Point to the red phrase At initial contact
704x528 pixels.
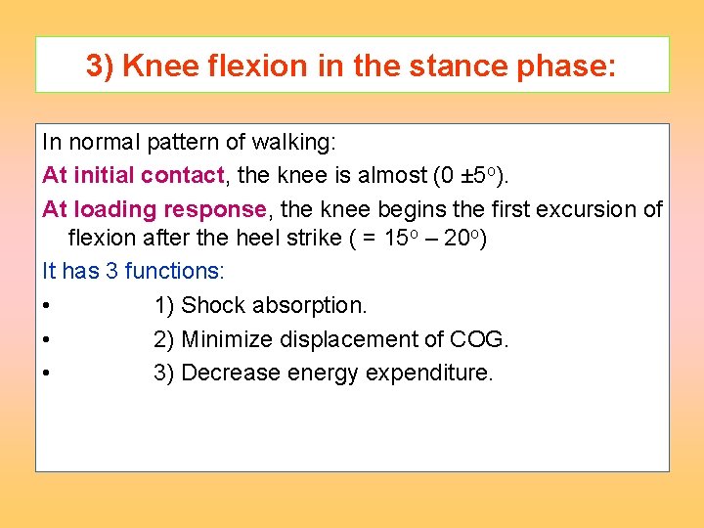pos(133,176)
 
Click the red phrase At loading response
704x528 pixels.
pos(154,209)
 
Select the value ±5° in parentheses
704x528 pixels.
pos(479,176)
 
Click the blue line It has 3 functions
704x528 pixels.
pos(133,271)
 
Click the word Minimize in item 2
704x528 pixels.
pos(227,339)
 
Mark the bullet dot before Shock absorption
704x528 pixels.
pos(47,306)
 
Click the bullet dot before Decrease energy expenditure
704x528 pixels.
pos(47,374)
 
